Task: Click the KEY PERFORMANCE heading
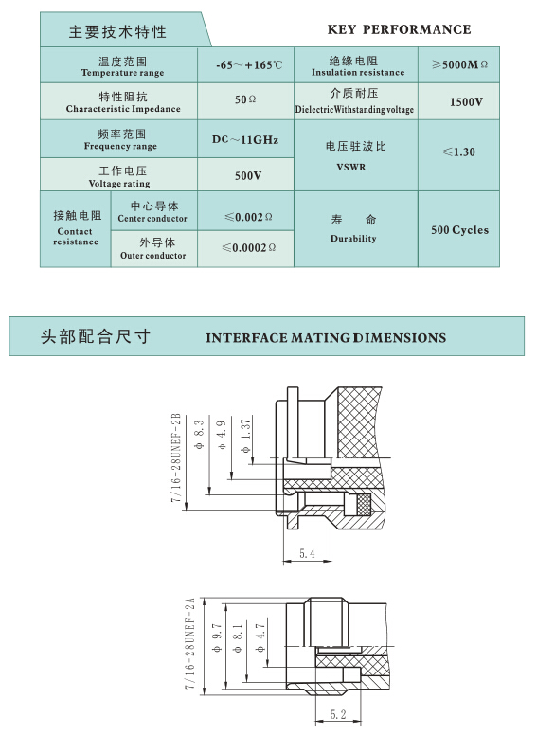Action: [400, 29]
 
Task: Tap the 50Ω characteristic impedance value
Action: [245, 99]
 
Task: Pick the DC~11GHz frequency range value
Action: [245, 139]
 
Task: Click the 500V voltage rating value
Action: [248, 175]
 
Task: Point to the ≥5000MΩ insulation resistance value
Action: [459, 64]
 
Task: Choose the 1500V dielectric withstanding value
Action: [466, 101]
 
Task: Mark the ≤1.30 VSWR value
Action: [459, 152]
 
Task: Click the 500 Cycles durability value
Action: [459, 229]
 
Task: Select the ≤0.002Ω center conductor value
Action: [248, 217]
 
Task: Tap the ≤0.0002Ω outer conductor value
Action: [248, 247]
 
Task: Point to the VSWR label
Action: [351, 167]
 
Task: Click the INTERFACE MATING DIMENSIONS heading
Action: [326, 337]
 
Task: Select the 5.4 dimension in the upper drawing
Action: [307, 553]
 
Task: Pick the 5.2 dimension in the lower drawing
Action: [338, 714]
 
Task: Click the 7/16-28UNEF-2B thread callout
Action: [176, 458]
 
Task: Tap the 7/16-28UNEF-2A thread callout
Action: [189, 643]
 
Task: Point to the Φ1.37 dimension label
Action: [245, 436]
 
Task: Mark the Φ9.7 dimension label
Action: [217, 638]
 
